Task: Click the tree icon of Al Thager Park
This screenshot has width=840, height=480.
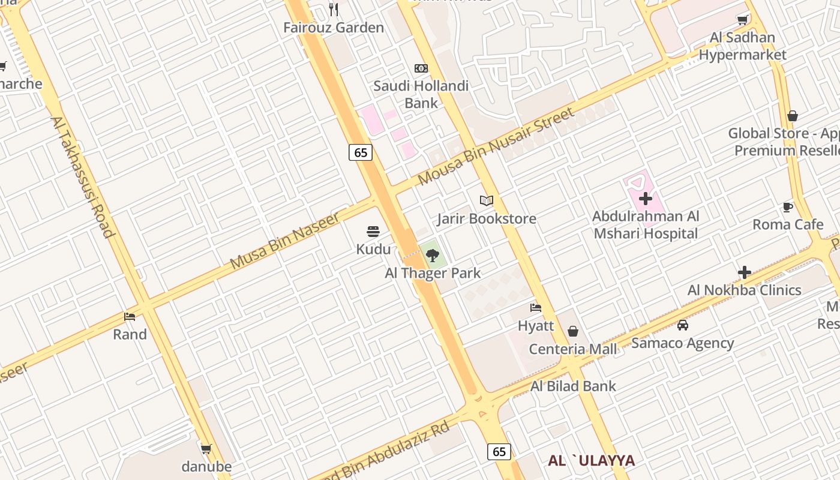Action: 432,256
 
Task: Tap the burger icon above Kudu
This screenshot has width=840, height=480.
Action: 373,232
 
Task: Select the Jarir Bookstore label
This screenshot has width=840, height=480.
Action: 487,218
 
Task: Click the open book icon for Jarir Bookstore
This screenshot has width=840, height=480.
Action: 487,201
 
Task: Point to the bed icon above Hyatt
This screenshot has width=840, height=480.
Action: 536,308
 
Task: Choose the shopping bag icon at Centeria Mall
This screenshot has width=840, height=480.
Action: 573,331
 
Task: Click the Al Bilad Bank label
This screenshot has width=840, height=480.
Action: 573,386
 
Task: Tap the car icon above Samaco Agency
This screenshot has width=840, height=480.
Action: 682,325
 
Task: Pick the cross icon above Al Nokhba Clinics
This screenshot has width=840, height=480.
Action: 745,272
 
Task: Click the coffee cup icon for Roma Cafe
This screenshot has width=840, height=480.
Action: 788,208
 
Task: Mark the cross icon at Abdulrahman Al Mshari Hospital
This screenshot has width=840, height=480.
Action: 646,199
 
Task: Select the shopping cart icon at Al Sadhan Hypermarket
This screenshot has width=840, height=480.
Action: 742,20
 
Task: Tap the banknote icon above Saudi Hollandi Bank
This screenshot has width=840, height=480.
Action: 421,68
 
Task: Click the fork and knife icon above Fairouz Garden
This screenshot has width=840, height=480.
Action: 334,10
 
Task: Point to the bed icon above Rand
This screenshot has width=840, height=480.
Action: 130,316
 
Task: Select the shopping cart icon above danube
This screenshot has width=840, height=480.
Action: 206,449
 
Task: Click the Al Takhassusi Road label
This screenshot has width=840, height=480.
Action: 83,176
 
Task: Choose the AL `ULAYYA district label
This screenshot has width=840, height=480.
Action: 591,460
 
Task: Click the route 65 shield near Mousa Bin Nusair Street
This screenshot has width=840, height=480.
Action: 361,152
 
